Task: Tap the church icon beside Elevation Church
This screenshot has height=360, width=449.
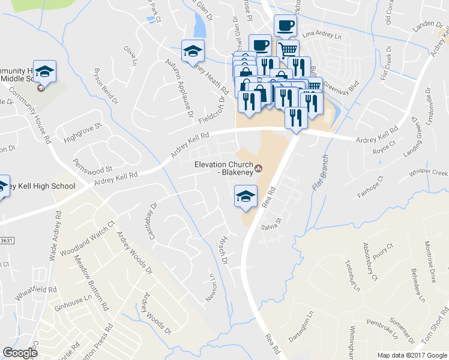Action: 259,167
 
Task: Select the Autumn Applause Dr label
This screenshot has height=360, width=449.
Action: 181,88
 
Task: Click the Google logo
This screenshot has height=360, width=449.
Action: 20,353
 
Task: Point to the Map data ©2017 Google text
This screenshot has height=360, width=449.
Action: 412,355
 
